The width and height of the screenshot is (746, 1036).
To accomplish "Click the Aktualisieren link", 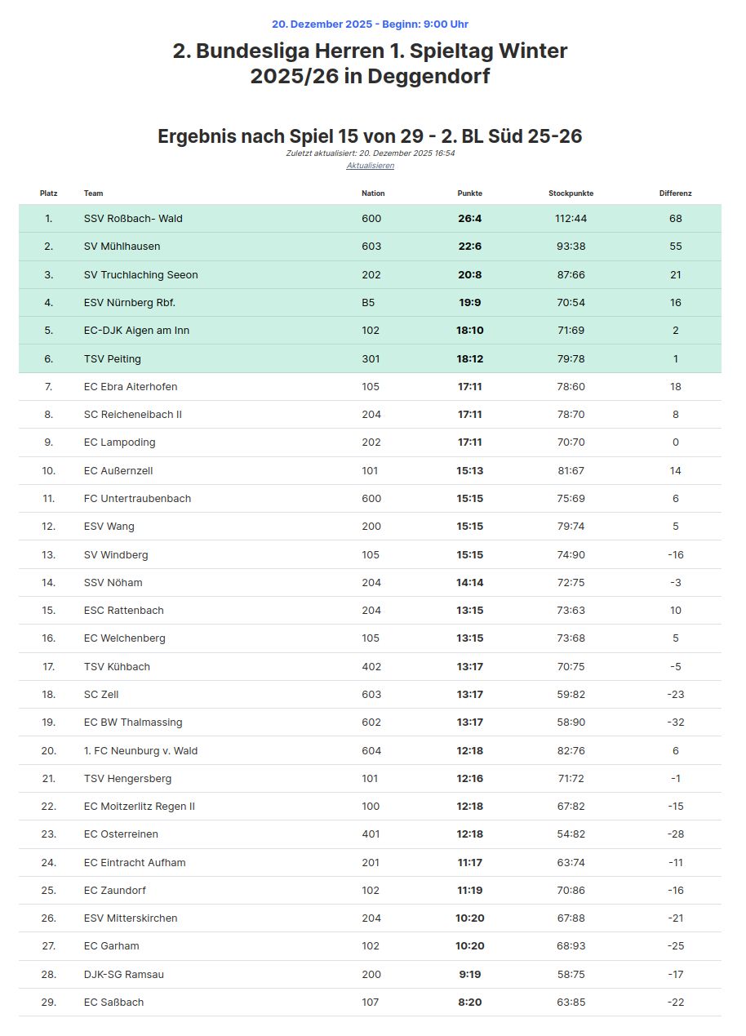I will [370, 165].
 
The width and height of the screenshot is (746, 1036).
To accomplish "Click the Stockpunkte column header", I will [571, 193].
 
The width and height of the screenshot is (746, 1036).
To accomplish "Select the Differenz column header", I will [675, 193].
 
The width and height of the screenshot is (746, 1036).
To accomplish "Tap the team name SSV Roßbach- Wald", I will [133, 219].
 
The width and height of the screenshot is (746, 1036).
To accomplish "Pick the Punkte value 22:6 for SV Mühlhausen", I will [469, 247].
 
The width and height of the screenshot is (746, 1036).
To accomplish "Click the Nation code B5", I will [368, 303].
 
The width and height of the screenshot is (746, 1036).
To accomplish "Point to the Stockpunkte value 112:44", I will [571, 219].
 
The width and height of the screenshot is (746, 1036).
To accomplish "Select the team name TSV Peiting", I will [112, 358].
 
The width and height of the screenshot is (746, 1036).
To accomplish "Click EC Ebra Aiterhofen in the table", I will [131, 387].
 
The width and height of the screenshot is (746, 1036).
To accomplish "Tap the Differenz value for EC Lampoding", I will [675, 442].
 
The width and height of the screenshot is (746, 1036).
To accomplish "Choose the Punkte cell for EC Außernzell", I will [469, 471].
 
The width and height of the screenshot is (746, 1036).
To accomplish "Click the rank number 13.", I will [49, 555].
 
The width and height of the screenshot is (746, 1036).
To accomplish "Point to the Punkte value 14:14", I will [469, 583].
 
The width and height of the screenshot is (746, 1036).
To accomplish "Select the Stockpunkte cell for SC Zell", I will [571, 695].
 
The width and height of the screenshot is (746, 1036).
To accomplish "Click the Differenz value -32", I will [675, 723].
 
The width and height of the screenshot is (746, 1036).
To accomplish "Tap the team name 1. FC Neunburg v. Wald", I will [140, 751].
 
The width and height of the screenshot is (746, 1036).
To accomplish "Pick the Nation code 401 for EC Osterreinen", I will [371, 834].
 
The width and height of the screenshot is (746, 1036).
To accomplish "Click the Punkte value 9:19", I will [469, 975].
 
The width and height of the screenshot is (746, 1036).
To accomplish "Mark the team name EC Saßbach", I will [113, 1003].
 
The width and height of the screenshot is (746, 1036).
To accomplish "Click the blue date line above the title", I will [370, 24].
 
